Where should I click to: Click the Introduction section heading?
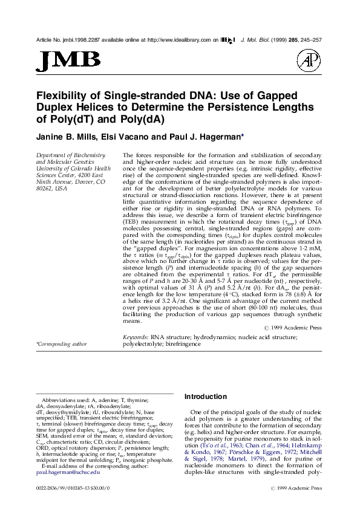pyautogui.click(x=205, y=397)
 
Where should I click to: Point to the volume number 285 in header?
pyautogui.click(x=287, y=39)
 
